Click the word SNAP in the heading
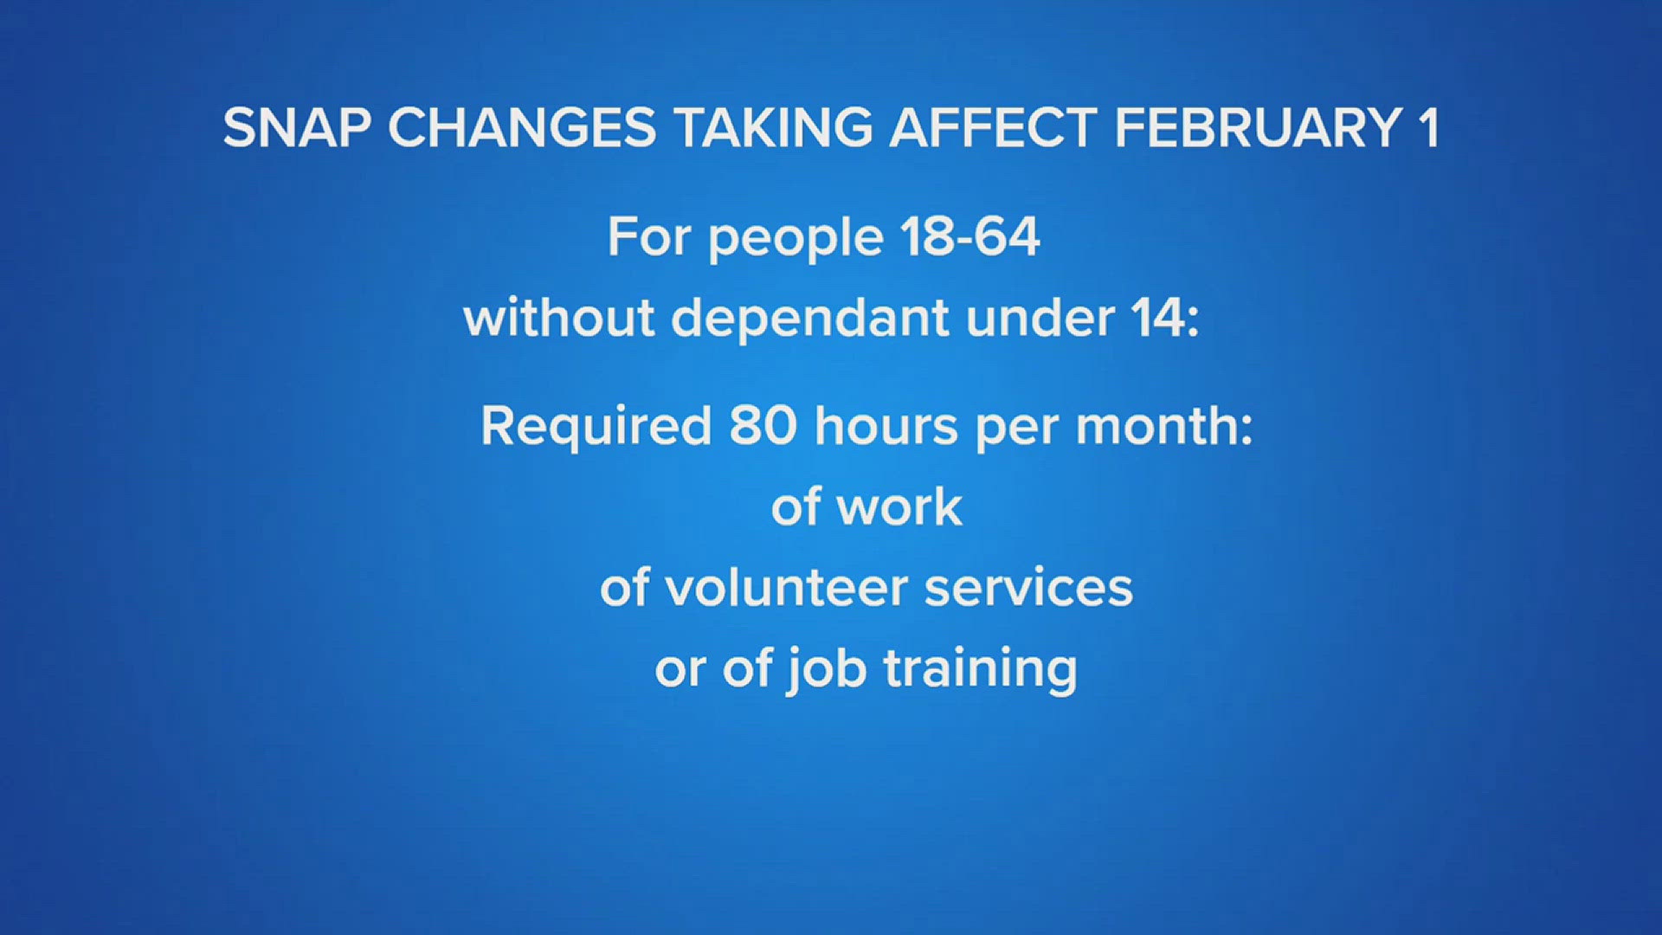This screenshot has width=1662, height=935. (x=296, y=128)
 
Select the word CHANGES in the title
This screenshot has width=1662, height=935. (x=521, y=128)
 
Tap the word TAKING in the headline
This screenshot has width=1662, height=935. (x=773, y=128)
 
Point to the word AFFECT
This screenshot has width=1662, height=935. (x=993, y=128)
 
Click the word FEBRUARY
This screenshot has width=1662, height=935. (x=1258, y=128)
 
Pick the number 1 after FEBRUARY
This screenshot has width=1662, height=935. (x=1428, y=128)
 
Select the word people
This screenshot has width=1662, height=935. (x=796, y=238)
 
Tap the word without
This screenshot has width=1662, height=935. (x=558, y=318)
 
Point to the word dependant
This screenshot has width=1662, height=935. (x=810, y=318)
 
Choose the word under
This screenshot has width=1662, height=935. (x=1039, y=318)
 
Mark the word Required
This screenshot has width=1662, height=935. (x=596, y=427)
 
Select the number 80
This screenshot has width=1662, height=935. (x=763, y=426)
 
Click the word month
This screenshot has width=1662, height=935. (x=1156, y=426)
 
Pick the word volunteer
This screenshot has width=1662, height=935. (x=786, y=588)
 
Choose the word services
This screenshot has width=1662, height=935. (x=1028, y=588)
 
